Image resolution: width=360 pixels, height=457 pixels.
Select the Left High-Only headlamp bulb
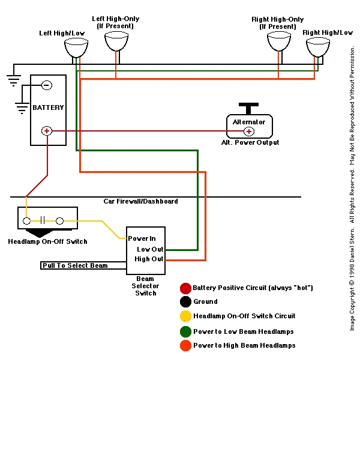coord(116,41)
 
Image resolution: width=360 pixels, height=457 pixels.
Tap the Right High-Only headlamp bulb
coord(279,41)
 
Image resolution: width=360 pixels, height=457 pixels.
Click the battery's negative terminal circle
coord(47,85)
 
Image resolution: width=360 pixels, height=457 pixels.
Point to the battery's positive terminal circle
coord(47,130)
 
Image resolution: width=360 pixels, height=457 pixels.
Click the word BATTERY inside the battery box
coord(48,107)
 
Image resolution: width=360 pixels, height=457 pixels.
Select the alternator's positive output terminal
coord(248,131)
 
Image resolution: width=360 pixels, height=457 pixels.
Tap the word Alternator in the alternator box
coord(248,122)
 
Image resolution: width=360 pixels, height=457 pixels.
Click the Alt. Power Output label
coord(250,143)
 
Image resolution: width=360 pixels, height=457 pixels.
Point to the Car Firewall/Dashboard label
coord(140,201)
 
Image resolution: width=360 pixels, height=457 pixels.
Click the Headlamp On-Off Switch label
coord(47,242)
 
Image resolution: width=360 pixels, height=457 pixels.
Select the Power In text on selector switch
coord(142,238)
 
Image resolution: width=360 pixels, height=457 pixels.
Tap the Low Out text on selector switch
coord(150,249)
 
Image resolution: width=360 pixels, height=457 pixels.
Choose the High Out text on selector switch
coord(149,259)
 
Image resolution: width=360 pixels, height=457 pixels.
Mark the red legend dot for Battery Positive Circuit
coord(185,288)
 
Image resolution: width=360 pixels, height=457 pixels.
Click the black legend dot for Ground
coord(185,302)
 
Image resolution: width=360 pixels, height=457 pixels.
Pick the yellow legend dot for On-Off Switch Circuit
coord(185,316)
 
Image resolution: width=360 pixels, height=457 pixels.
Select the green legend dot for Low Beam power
coord(185,331)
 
